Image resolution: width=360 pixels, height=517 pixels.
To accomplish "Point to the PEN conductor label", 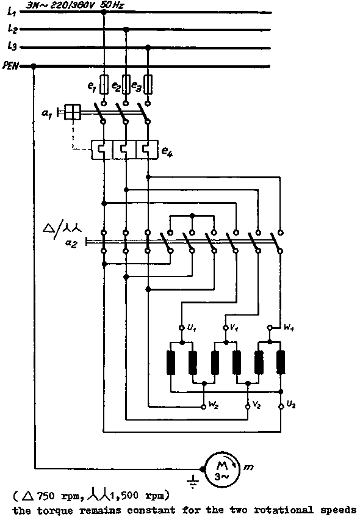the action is [x=10, y=66].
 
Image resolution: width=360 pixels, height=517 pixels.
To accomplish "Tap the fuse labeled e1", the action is [x=104, y=85].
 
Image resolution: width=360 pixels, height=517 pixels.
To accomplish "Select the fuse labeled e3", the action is [x=148, y=85].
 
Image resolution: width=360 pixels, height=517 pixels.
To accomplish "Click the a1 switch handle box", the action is [x=72, y=112].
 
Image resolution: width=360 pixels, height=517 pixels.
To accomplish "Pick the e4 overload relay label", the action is [x=167, y=151].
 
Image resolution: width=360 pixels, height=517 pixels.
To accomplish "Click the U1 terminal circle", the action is [x=181, y=328].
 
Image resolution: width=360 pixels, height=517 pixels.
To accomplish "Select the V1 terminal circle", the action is [x=226, y=328].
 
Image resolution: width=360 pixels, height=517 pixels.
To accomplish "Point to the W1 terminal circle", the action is [x=270, y=328].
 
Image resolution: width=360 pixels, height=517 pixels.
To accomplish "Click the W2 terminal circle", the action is [x=204, y=407].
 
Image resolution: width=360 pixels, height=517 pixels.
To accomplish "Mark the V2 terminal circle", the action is [x=248, y=407].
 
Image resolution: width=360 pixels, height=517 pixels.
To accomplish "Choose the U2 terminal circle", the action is [x=281, y=407].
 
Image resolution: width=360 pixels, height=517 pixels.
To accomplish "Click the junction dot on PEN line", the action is [x=34, y=67].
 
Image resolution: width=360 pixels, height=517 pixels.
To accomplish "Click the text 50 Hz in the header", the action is [x=112, y=5].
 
